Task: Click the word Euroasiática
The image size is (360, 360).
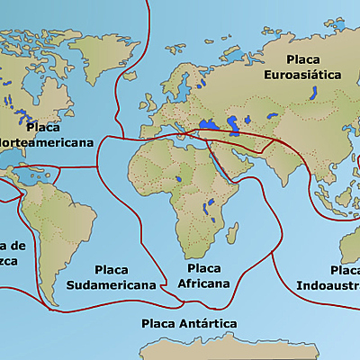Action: coord(302,76)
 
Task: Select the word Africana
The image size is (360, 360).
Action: coord(203,283)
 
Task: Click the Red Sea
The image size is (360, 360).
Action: coord(219,168)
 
